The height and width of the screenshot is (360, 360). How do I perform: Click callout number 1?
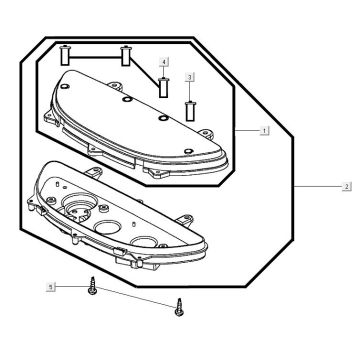264,131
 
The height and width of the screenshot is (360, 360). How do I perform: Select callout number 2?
347,187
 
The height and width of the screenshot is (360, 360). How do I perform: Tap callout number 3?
190,77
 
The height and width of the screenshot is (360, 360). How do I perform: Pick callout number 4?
164,62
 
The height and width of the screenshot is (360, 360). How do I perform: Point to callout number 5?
51,287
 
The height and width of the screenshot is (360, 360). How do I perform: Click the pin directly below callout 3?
190,111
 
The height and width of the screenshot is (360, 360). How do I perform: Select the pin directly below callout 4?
164,87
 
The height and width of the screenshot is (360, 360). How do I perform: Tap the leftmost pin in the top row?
64,56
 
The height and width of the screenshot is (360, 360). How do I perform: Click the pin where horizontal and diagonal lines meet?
126,56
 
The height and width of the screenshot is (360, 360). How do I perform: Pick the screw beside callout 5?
92,286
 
